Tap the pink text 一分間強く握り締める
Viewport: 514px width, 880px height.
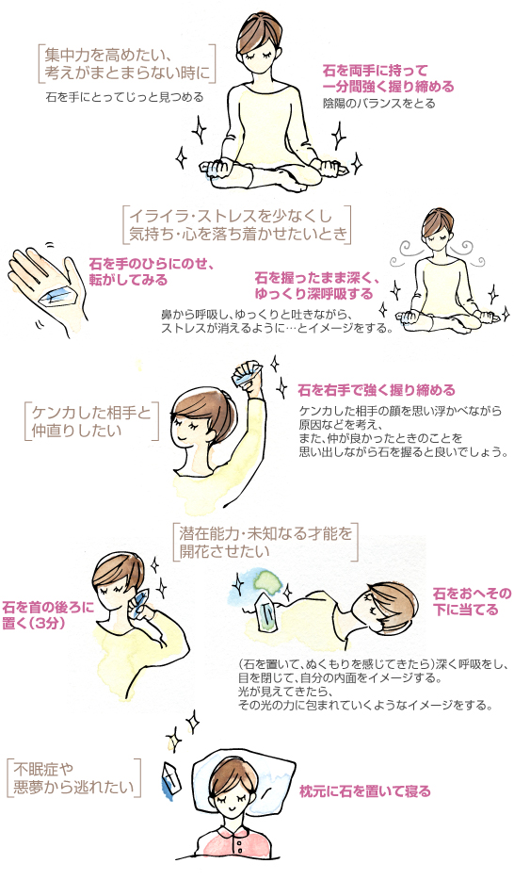click(388, 87)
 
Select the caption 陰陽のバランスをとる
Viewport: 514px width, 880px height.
click(378, 104)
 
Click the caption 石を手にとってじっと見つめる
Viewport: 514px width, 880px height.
click(124, 98)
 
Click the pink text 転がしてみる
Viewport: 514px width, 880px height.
click(128, 279)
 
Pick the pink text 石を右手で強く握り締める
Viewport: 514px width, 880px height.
click(377, 389)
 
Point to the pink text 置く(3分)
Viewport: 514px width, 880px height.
click(35, 623)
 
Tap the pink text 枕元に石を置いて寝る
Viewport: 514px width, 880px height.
click(365, 791)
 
